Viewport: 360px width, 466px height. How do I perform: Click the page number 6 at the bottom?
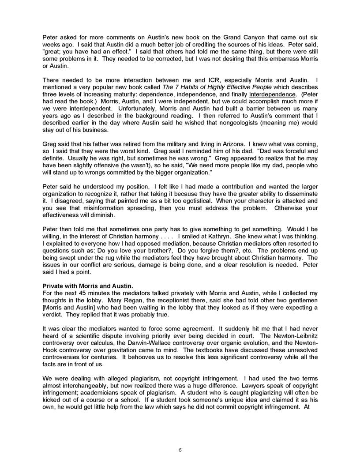[180, 450]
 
